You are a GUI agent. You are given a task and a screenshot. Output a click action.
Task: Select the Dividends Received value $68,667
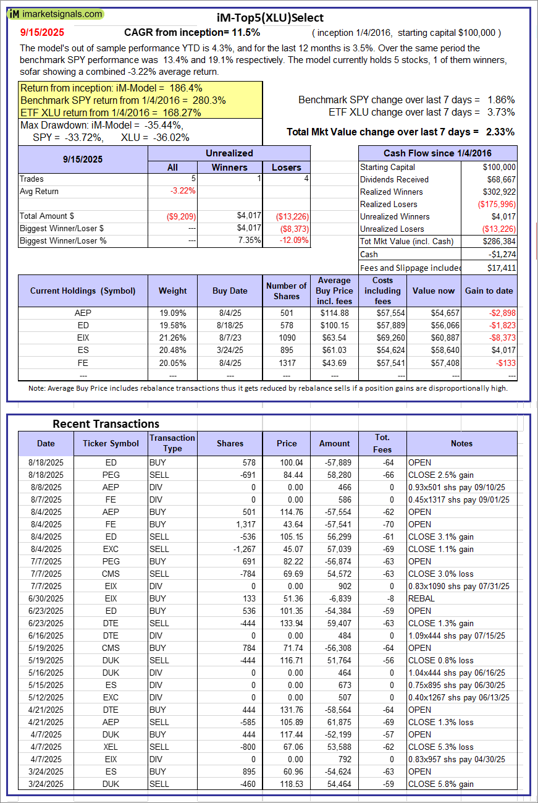point(500,179)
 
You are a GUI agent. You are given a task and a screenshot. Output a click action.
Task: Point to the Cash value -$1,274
point(501,254)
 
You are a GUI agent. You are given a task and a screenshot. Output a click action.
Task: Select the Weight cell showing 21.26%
point(173,338)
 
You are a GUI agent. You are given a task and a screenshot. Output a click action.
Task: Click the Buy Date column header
point(230,291)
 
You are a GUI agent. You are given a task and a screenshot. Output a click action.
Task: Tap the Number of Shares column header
point(286,291)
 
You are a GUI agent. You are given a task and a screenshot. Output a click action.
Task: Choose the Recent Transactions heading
point(106,423)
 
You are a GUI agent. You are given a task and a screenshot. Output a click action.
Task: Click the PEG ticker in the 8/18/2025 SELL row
point(111,475)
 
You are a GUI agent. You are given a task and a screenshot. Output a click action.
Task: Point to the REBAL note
point(421,598)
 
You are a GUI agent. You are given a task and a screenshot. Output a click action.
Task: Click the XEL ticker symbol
point(111,747)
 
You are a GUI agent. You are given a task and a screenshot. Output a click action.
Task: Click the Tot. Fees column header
point(382,443)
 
